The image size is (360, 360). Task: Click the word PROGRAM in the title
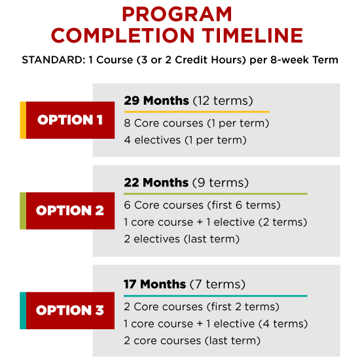(x=177, y=14)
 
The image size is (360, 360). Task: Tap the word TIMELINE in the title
(x=253, y=35)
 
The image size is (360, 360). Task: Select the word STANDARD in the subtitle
(x=54, y=60)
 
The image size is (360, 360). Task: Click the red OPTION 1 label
(x=70, y=120)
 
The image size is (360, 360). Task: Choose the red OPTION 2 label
(x=70, y=211)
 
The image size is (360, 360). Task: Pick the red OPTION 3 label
(x=70, y=311)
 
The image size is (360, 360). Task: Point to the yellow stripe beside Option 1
(x=23, y=120)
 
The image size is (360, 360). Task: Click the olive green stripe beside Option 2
(x=23, y=211)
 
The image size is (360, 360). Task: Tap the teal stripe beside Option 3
(x=23, y=311)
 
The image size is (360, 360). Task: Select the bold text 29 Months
(x=156, y=101)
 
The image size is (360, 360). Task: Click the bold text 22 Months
(x=156, y=183)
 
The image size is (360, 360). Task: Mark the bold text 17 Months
(x=154, y=284)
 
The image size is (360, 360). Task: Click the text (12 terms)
(x=223, y=101)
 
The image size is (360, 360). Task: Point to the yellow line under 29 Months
(x=197, y=112)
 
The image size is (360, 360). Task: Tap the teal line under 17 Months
(x=215, y=296)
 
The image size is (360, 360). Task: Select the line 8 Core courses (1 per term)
(x=196, y=123)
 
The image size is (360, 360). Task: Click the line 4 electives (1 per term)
(x=185, y=140)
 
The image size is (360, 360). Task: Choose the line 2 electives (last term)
(x=181, y=239)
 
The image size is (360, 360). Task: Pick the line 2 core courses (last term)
(x=192, y=341)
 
